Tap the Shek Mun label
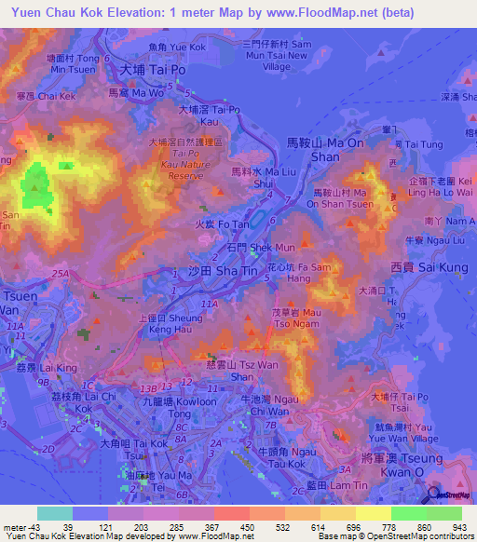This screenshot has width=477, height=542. coord(261,248)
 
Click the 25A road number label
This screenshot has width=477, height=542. coord(61,272)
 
